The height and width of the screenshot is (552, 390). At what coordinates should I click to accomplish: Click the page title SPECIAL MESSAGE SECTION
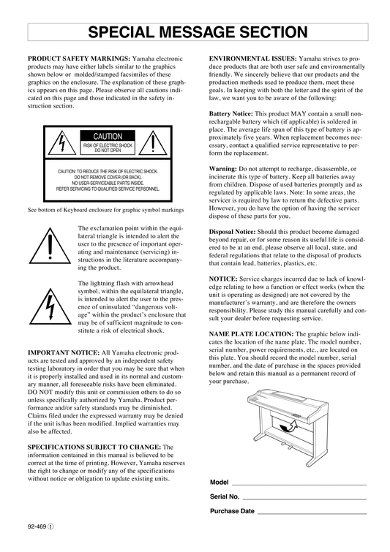(x=198, y=32)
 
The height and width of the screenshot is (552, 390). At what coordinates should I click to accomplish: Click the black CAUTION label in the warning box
(x=108, y=136)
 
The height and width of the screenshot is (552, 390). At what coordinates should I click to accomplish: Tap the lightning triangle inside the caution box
(x=62, y=143)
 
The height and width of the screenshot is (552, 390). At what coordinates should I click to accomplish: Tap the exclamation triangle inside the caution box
(x=153, y=143)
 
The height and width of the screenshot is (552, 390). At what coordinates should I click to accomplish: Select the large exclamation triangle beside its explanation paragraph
(x=50, y=246)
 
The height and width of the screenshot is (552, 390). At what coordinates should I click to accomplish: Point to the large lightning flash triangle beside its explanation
(x=50, y=306)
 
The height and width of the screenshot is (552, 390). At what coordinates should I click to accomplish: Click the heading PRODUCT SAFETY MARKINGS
(x=79, y=58)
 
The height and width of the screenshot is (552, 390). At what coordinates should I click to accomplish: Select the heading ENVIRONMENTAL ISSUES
(x=253, y=58)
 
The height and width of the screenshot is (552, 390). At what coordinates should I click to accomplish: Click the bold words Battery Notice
(x=230, y=114)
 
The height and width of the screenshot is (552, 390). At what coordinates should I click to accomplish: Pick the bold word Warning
(x=222, y=169)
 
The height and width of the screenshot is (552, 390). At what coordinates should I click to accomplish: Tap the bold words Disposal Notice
(x=232, y=232)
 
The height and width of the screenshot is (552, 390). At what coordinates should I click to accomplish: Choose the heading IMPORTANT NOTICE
(x=64, y=352)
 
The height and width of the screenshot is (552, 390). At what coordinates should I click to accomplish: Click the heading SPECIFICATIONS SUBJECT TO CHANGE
(x=94, y=447)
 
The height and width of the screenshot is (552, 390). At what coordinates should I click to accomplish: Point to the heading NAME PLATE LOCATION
(x=251, y=334)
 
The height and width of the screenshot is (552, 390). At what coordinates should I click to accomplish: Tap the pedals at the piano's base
(x=285, y=447)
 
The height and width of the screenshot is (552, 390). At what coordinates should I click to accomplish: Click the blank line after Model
(x=299, y=485)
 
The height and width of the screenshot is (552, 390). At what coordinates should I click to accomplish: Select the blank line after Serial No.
(x=304, y=499)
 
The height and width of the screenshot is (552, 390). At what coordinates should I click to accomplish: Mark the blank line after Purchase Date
(x=312, y=514)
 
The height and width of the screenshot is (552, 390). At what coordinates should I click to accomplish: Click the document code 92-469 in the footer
(x=37, y=527)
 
